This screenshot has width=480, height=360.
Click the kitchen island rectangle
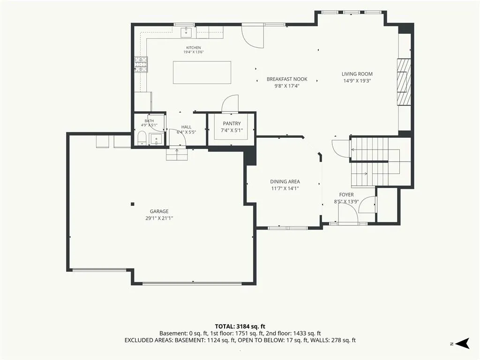(202, 72)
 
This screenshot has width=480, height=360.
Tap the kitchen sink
(186, 31)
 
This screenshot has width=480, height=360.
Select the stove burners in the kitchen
(141, 65)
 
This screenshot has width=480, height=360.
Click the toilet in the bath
(142, 137)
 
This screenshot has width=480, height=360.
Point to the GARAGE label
(159, 211)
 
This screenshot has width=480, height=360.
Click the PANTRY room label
(232, 123)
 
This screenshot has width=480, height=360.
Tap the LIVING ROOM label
(357, 74)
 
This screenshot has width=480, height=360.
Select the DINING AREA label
(285, 181)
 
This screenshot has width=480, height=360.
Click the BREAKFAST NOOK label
(287, 79)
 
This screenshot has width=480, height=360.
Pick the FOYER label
(346, 195)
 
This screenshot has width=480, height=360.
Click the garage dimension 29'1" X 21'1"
(159, 218)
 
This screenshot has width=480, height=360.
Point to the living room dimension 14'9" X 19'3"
(357, 81)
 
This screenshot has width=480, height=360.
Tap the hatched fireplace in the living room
(404, 82)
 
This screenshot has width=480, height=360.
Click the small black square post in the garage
(133, 204)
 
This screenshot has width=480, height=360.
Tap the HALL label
(186, 127)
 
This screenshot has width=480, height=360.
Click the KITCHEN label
(194, 48)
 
